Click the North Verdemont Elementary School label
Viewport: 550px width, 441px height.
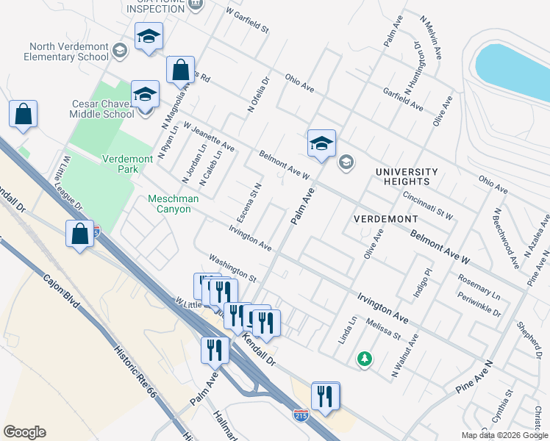pos(65,50)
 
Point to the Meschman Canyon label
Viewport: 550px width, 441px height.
pos(169,204)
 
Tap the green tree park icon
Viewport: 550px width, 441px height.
pos(363,359)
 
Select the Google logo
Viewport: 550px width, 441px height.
pos(24,432)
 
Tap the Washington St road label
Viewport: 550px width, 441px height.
pos(232,268)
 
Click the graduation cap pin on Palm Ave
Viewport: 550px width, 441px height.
pos(321,143)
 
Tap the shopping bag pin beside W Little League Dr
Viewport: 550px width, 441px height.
pos(80,234)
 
